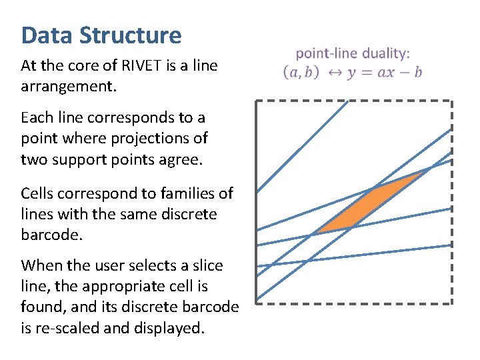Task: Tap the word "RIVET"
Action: tap(137, 66)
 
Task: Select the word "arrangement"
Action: tap(67, 87)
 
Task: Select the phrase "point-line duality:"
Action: tap(353, 53)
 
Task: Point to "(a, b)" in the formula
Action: tap(301, 72)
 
